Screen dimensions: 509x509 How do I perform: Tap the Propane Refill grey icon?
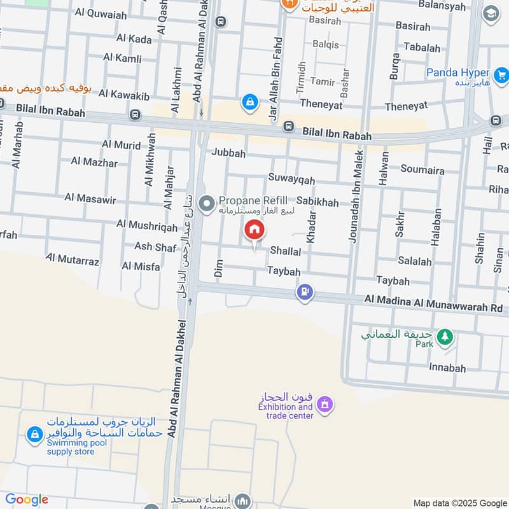[x=206, y=204]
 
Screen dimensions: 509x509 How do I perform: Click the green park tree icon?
[x=445, y=335]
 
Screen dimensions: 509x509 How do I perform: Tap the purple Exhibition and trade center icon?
[x=324, y=404]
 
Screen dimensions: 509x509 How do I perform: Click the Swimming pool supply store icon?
[x=32, y=435]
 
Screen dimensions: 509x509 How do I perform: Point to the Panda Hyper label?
[x=457, y=73]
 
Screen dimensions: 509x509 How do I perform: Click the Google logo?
[x=26, y=499]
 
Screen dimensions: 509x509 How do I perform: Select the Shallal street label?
[x=285, y=251]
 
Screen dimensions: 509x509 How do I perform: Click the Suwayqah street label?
[x=291, y=178]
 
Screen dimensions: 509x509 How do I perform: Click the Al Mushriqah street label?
[x=147, y=225]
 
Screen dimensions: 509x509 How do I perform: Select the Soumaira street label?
[x=422, y=169]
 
